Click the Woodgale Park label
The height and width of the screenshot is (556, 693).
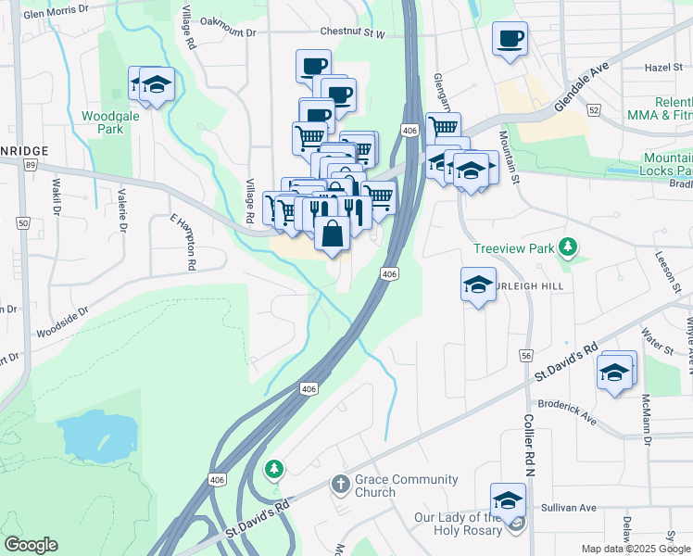(x=102, y=122)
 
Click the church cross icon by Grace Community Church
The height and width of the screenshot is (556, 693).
(x=340, y=485)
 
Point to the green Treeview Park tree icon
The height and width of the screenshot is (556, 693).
(x=568, y=247)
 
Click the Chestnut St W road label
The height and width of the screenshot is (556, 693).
(x=351, y=32)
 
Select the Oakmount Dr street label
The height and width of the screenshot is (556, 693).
(x=227, y=32)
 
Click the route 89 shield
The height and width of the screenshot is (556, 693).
(x=31, y=165)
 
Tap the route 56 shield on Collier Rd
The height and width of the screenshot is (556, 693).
(x=526, y=355)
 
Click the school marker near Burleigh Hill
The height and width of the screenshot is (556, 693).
(x=478, y=284)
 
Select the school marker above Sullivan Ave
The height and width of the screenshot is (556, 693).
(x=508, y=500)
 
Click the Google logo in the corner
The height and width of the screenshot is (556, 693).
(x=31, y=545)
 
